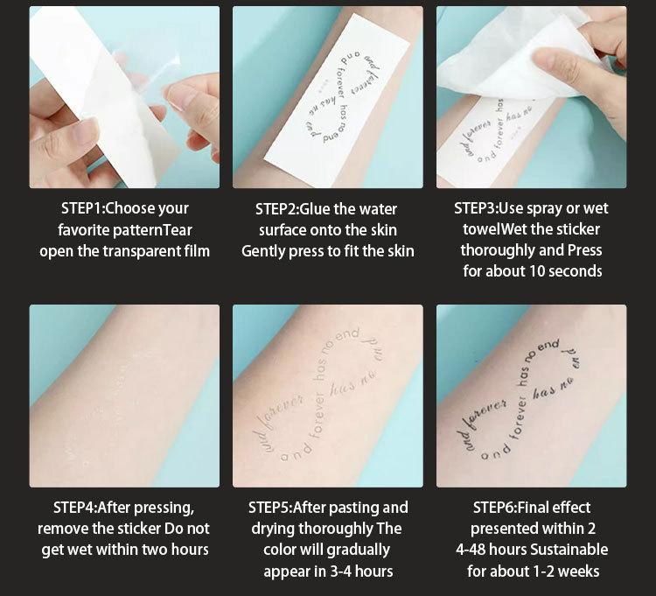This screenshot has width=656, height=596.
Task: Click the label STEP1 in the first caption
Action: click(x=80, y=208)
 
